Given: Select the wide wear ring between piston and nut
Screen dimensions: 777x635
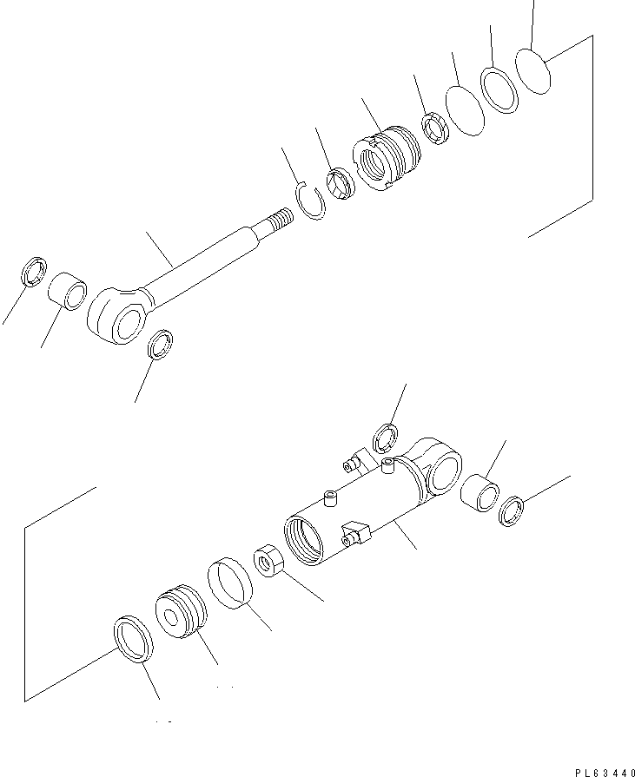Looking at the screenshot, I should point(230,581).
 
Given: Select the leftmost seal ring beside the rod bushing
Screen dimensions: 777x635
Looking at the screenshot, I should point(33,272).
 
